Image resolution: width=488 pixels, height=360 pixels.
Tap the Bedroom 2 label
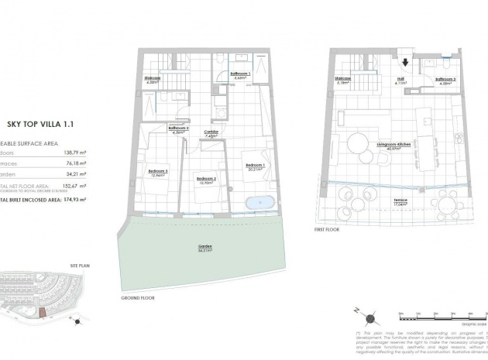[205, 178]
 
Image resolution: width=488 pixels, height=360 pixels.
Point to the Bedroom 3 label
[158, 172]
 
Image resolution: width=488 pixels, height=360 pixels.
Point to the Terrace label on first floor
[400, 201]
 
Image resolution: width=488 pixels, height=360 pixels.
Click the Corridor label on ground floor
[211, 132]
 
